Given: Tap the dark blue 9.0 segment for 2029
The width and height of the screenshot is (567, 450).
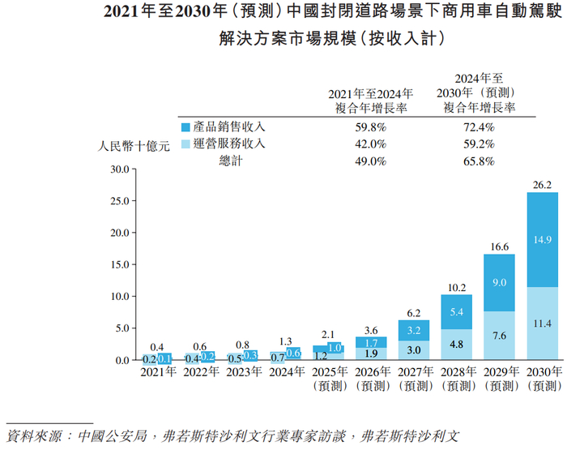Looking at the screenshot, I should (500, 282).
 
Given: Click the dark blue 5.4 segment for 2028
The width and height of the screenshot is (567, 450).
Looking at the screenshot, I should (457, 311).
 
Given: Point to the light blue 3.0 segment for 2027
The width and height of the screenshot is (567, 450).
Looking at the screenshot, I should (414, 349).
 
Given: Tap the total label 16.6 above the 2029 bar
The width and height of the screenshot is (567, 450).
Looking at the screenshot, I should (500, 246).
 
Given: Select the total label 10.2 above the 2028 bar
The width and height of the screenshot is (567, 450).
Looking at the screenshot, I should (457, 287).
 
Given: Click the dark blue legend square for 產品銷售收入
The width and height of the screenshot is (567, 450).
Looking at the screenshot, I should (185, 127).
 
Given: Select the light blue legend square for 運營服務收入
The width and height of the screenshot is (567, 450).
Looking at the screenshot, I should (185, 144).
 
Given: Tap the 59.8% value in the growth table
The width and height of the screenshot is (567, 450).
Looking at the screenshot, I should (371, 127).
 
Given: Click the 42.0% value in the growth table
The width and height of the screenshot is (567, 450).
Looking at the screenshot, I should (371, 144).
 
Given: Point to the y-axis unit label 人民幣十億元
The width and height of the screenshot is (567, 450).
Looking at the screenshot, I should (133, 147).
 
